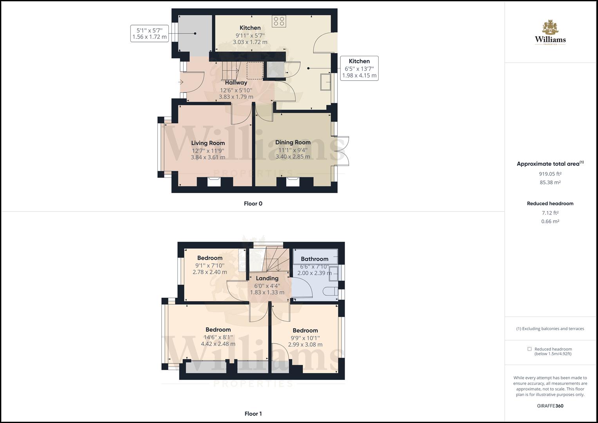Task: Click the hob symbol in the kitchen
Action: point(280,21)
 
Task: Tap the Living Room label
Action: point(208,143)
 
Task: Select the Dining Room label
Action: point(293,142)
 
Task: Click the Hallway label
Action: point(236,83)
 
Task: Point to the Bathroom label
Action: point(314,259)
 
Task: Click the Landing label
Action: point(267,278)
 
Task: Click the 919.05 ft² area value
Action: point(550,174)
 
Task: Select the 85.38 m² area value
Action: point(550,183)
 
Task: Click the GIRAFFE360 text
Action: point(550,406)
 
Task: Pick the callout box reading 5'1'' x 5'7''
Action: point(150,34)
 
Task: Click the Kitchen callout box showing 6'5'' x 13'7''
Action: point(359,68)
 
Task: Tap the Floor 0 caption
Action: point(253,204)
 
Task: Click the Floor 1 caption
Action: point(253,414)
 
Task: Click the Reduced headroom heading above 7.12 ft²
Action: point(550,204)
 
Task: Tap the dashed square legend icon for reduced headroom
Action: point(529,349)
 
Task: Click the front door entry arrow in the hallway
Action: point(181,82)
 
